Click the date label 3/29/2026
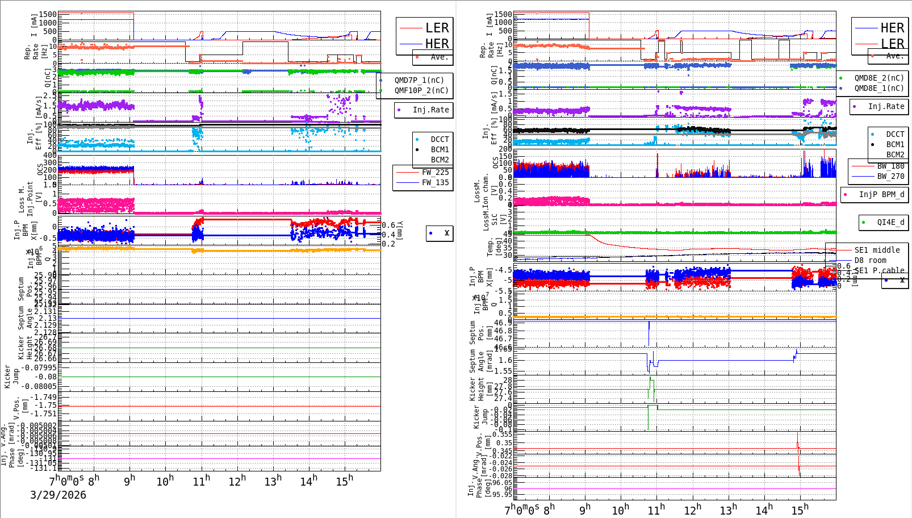(x=58, y=495)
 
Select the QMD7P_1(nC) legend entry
(x=419, y=80)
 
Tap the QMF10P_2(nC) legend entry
(x=421, y=90)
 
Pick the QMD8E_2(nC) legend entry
(x=878, y=78)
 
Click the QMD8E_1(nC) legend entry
(x=878, y=88)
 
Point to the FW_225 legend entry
(x=435, y=172)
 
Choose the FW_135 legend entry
(x=435, y=182)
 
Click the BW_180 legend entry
(x=890, y=166)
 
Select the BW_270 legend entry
(x=890, y=176)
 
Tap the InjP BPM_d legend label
(x=881, y=194)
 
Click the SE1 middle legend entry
(x=877, y=250)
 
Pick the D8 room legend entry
(x=870, y=260)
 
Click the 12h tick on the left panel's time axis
(x=237, y=482)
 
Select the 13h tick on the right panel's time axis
(x=728, y=510)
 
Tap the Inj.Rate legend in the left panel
(x=430, y=110)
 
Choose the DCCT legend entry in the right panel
(x=895, y=134)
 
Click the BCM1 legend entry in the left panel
(x=440, y=149)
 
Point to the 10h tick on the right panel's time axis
(x=620, y=510)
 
